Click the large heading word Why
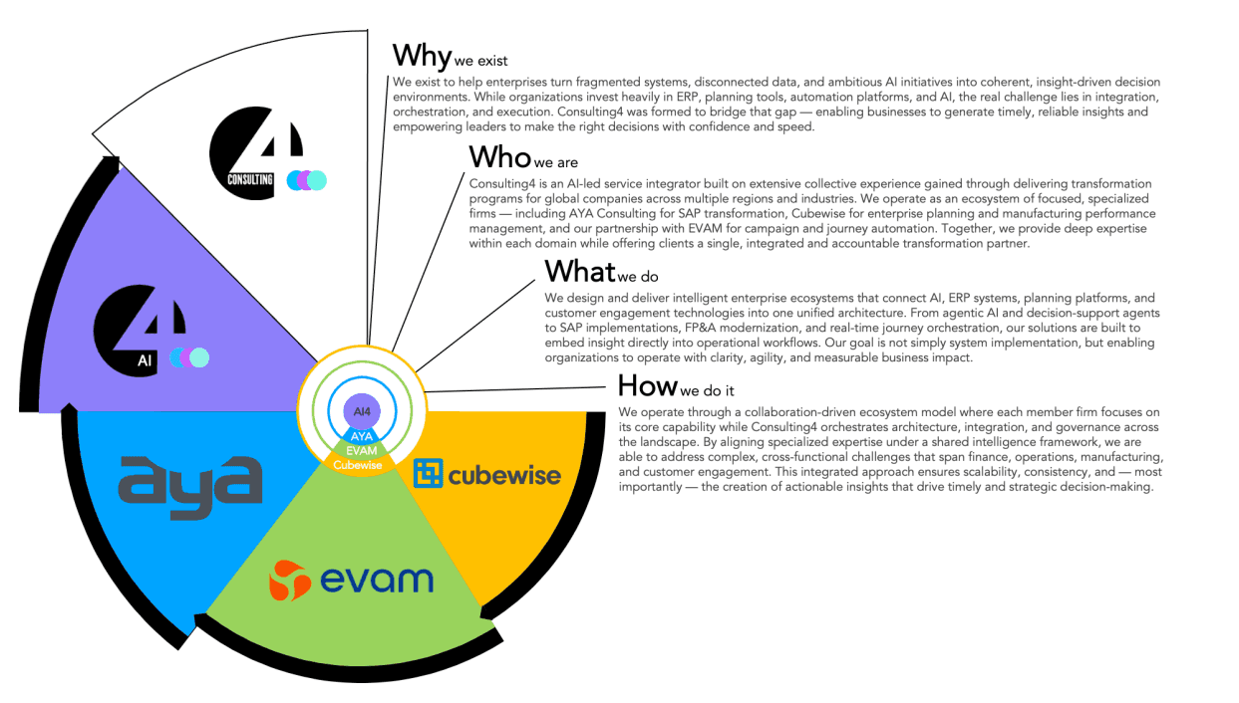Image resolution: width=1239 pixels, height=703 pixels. click(x=422, y=57)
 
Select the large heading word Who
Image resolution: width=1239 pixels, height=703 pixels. click(x=500, y=157)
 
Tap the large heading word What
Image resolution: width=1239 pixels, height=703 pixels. click(x=580, y=271)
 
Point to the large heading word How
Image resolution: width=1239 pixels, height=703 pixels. click(x=647, y=385)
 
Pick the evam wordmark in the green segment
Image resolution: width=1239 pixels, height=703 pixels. click(x=377, y=580)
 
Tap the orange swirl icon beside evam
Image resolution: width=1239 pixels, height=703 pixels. click(x=289, y=581)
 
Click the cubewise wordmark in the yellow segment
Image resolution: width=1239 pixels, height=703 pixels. click(x=504, y=476)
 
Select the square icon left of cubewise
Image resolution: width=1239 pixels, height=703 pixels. click(x=429, y=473)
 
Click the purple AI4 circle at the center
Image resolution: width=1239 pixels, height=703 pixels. click(x=362, y=411)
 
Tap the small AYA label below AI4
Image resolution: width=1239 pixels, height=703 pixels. click(x=362, y=436)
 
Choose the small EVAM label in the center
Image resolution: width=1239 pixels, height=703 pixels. click(x=361, y=450)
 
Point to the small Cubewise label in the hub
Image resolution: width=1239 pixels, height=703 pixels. click(x=357, y=465)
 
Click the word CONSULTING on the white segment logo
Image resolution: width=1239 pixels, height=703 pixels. click(x=250, y=179)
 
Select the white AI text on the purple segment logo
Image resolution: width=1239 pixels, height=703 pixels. click(x=145, y=360)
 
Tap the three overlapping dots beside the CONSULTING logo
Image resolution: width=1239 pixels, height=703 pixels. click(x=306, y=180)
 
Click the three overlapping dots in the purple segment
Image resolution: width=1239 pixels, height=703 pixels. click(x=189, y=357)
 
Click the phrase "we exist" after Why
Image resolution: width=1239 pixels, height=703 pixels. click(x=480, y=61)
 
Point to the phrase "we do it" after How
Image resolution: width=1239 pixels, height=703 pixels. click(x=707, y=390)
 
